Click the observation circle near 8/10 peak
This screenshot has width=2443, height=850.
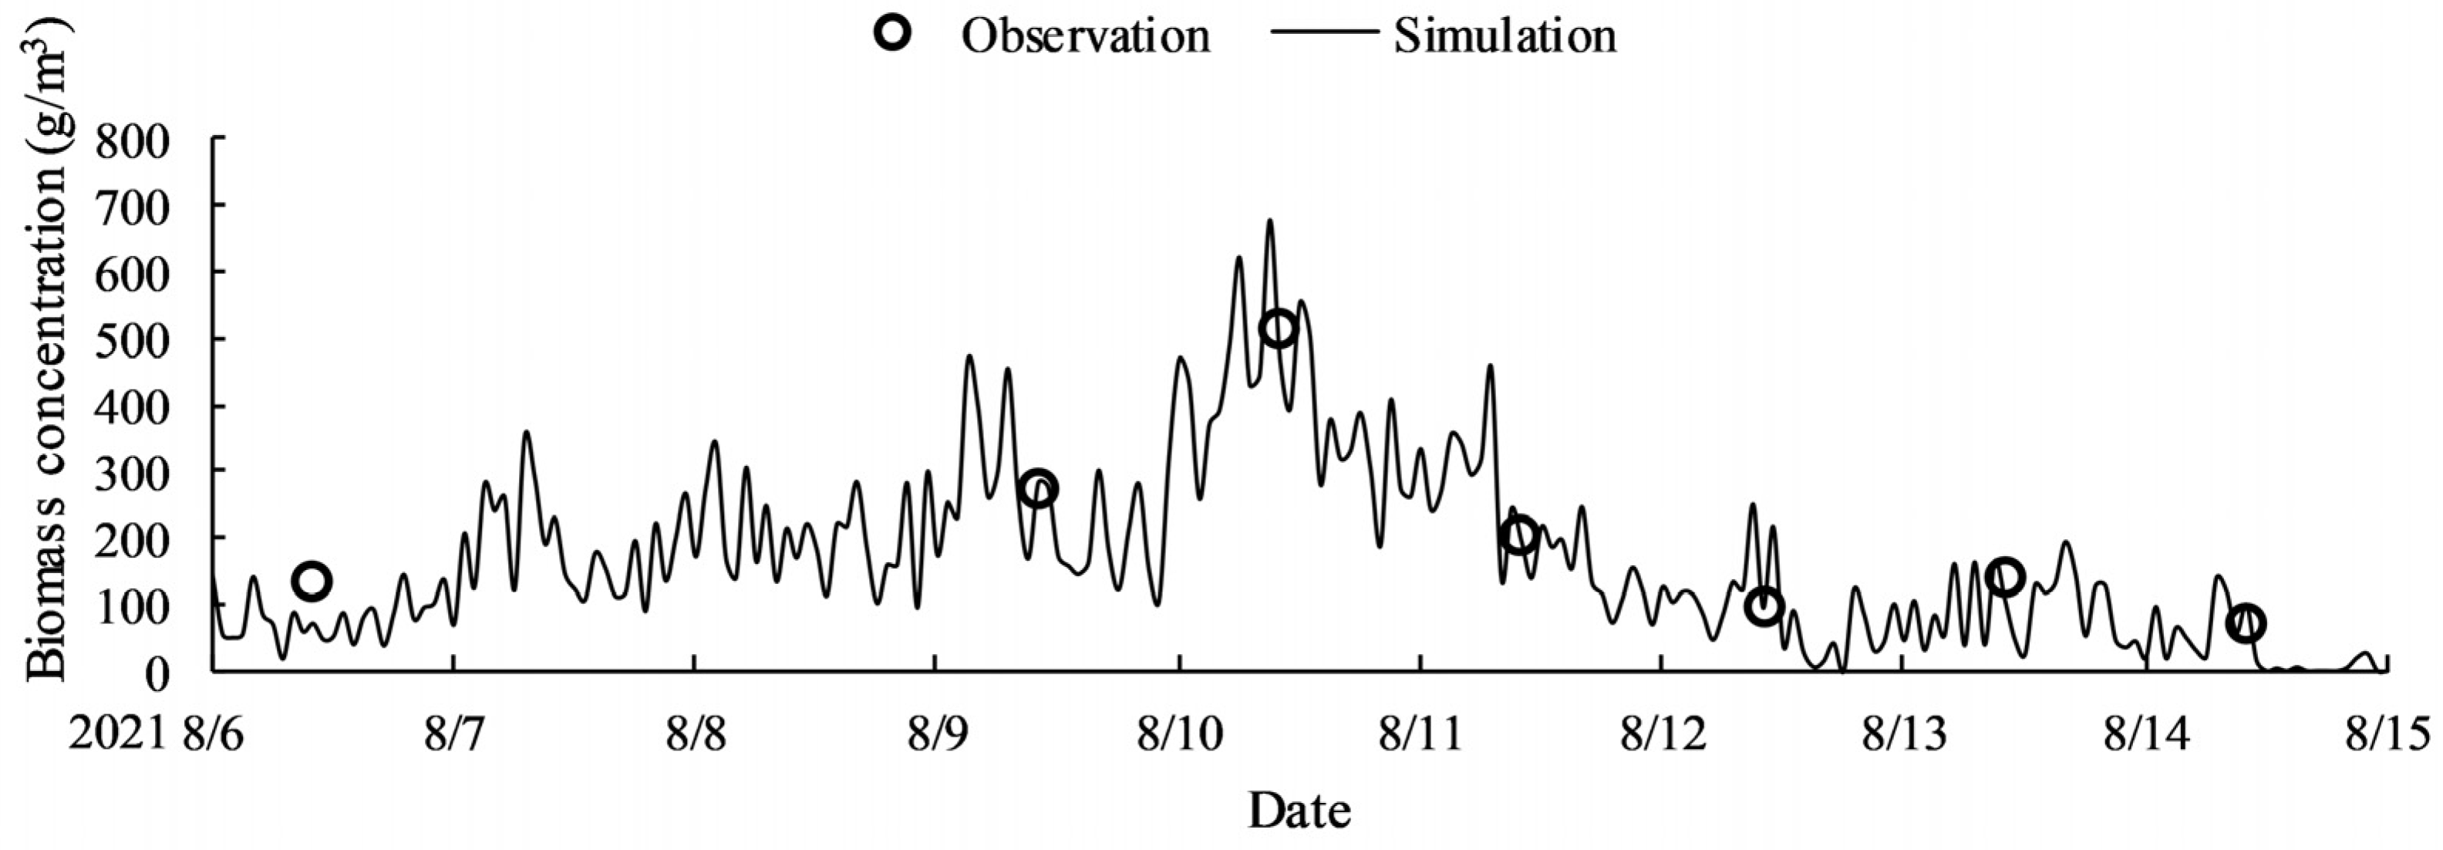(x=1279, y=329)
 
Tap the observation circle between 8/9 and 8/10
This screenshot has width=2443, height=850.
(x=1039, y=487)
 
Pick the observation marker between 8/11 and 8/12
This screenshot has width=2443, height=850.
(x=1519, y=536)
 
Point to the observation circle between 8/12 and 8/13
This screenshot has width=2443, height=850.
(x=1764, y=605)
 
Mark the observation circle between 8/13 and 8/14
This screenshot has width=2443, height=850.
(x=2005, y=576)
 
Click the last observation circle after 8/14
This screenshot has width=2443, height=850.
(x=2246, y=623)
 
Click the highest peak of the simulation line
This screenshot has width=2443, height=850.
(x=1269, y=221)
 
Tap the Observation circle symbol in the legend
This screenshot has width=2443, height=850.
(x=893, y=34)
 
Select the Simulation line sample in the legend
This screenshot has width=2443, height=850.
(x=1323, y=34)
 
